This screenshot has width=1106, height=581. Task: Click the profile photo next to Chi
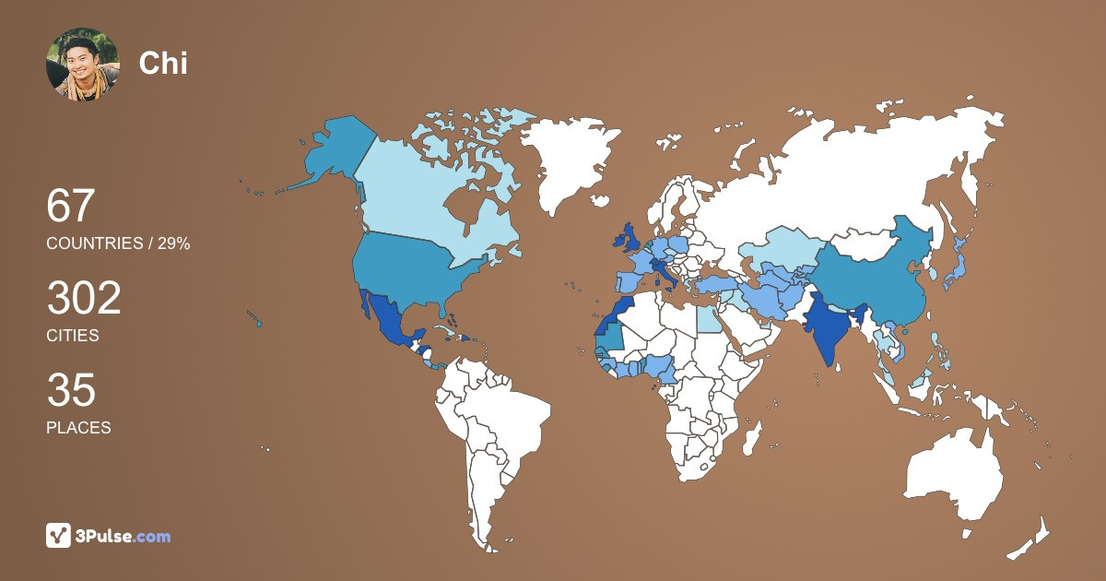click(82, 64)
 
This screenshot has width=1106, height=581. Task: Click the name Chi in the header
click(163, 63)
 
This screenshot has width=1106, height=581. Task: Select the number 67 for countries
click(71, 206)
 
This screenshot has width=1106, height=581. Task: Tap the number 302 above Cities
click(84, 299)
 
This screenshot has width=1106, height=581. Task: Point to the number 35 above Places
click(71, 391)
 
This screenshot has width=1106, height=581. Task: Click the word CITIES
click(73, 336)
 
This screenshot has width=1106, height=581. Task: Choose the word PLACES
click(78, 428)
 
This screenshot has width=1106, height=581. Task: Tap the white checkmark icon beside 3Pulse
click(59, 536)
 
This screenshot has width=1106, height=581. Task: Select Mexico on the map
click(387, 323)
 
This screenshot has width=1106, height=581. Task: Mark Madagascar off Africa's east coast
click(752, 438)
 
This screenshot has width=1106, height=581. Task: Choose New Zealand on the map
click(1032, 539)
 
